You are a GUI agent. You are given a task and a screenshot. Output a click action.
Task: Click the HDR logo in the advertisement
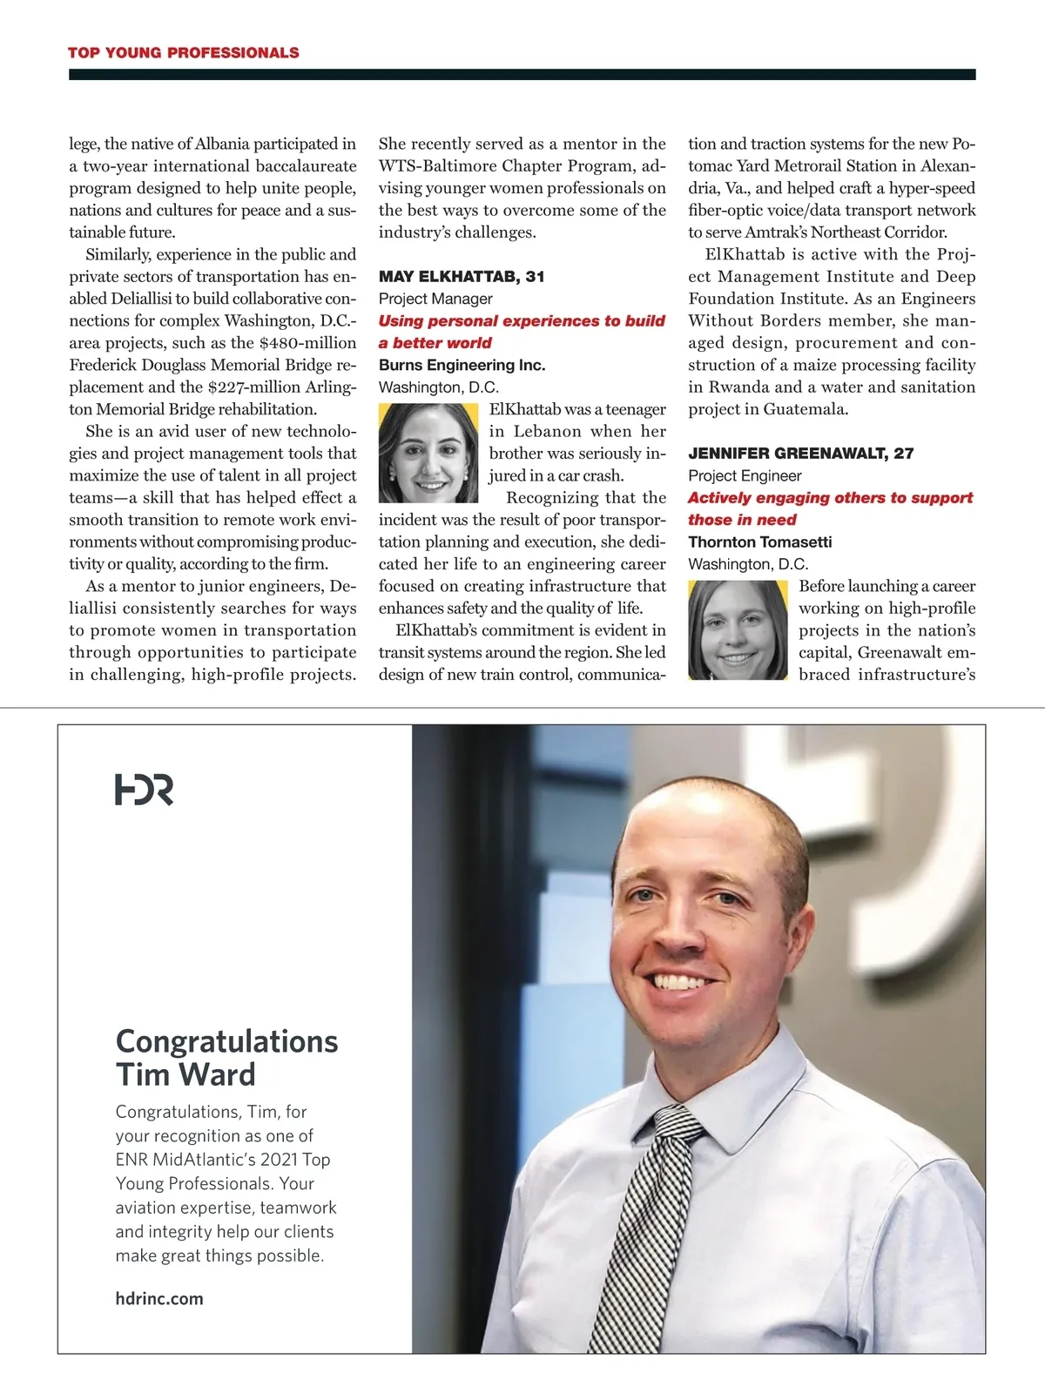pyautogui.click(x=144, y=789)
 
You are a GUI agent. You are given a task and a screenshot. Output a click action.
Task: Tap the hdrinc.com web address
pyautogui.click(x=159, y=1298)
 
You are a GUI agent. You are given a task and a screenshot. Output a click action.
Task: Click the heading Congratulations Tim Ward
pyautogui.click(x=226, y=1058)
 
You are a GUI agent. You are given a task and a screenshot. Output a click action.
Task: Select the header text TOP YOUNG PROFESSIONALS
pyautogui.click(x=184, y=52)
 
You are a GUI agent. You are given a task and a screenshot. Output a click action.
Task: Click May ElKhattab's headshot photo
pyautogui.click(x=428, y=453)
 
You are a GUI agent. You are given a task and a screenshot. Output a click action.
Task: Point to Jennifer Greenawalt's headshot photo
pyautogui.click(x=738, y=629)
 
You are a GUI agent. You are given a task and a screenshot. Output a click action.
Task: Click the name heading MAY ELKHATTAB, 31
pyautogui.click(x=462, y=277)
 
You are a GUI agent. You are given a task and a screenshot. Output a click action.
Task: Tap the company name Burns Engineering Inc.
pyautogui.click(x=462, y=365)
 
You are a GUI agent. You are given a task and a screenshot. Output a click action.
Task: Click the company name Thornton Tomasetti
pyautogui.click(x=759, y=542)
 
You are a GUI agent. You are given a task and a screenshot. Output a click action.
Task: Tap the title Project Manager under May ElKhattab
pyautogui.click(x=435, y=299)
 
